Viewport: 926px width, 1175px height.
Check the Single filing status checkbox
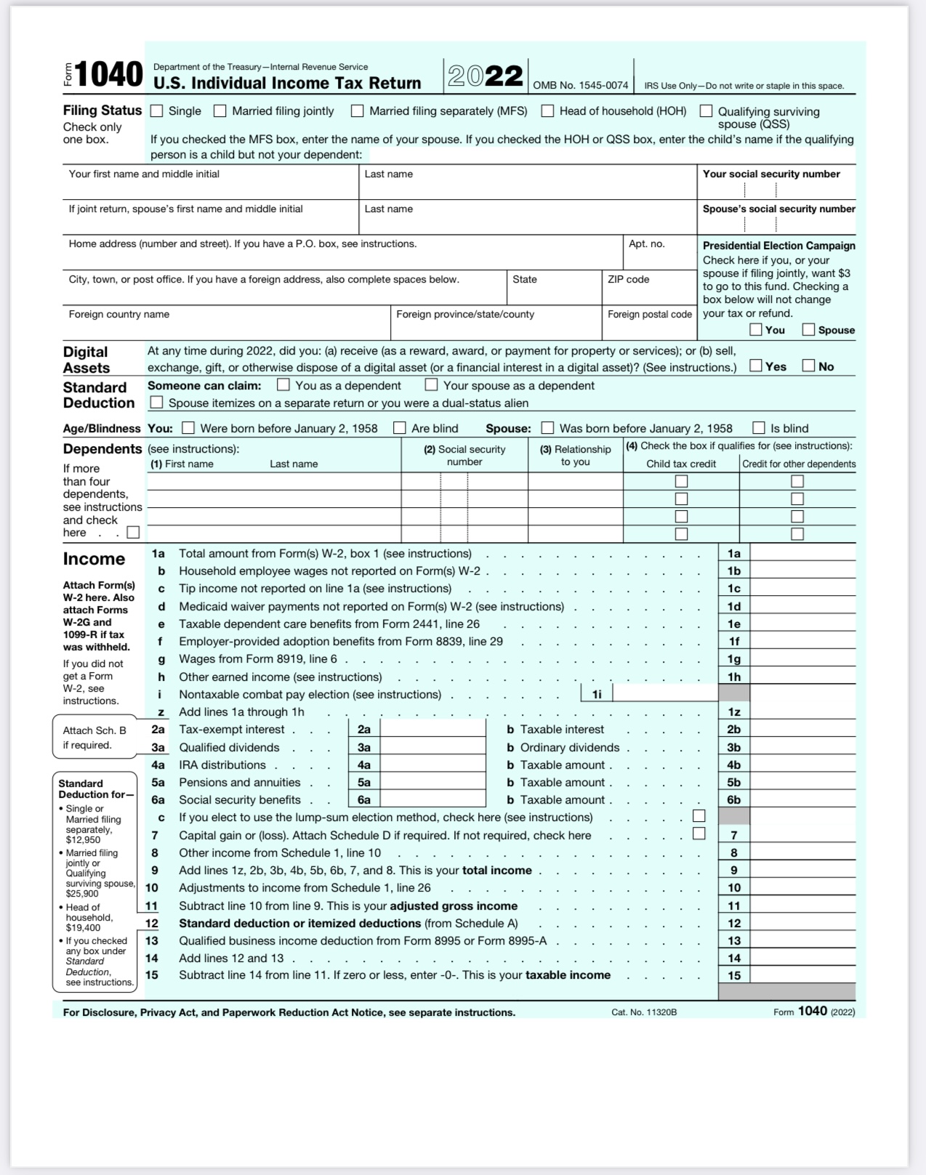tap(156, 111)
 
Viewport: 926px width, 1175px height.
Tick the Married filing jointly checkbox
tap(220, 111)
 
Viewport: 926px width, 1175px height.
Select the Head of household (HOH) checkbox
tap(547, 111)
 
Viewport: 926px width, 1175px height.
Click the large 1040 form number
tap(108, 75)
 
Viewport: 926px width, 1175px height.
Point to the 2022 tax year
tap(486, 76)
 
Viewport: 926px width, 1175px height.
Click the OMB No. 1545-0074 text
tap(580, 86)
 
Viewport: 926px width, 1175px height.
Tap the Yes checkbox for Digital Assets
tap(756, 366)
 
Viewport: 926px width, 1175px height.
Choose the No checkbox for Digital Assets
tap(808, 366)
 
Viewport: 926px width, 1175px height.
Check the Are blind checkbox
tap(399, 428)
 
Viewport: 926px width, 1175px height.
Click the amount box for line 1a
tap(802, 554)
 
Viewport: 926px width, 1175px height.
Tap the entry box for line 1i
tap(665, 695)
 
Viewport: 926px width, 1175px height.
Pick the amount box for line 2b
tap(802, 730)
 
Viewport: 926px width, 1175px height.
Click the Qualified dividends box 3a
tap(432, 748)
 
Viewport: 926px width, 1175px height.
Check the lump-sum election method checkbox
tap(699, 817)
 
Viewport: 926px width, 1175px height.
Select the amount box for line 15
tap(802, 975)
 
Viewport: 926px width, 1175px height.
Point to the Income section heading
tap(94, 559)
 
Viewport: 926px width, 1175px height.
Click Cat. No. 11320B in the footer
tap(644, 1012)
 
